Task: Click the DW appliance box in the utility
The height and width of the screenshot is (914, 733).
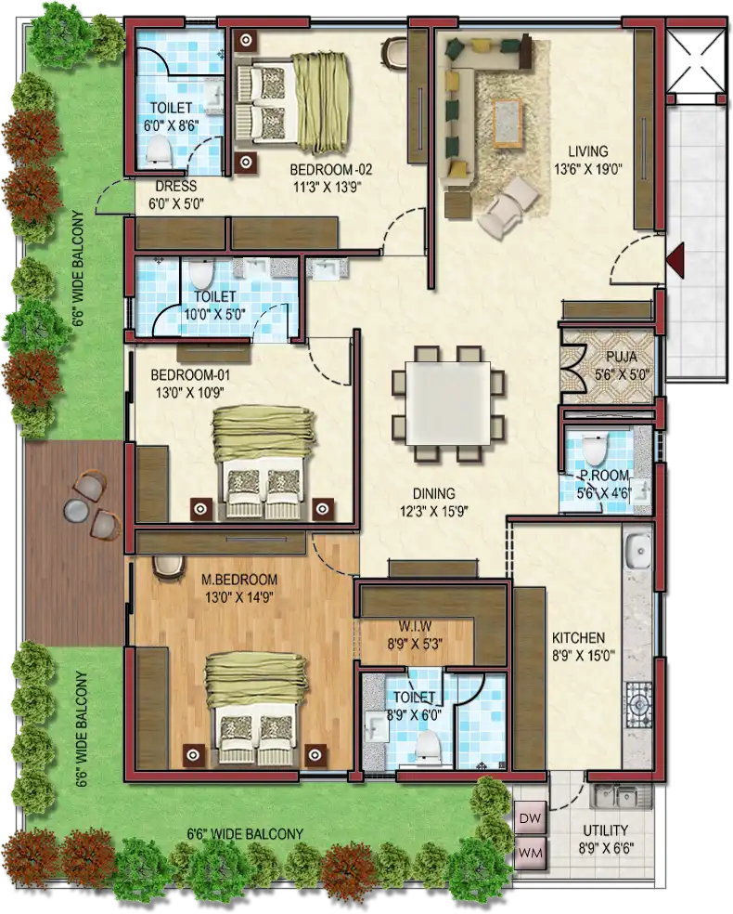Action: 531,817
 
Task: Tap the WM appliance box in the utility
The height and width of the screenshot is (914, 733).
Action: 531,853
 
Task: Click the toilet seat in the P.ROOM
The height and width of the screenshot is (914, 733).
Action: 595,449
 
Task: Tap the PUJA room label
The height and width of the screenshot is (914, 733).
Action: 622,356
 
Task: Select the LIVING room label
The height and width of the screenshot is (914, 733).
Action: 588,151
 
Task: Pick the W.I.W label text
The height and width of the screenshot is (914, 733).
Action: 415,626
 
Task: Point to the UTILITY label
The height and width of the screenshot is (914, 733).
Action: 606,829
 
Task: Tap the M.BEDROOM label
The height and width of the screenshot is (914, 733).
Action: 239,580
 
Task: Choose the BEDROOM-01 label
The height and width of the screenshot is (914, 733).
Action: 182,374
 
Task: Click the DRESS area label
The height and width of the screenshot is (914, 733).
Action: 175,187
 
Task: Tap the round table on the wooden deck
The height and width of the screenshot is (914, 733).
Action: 74,509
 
